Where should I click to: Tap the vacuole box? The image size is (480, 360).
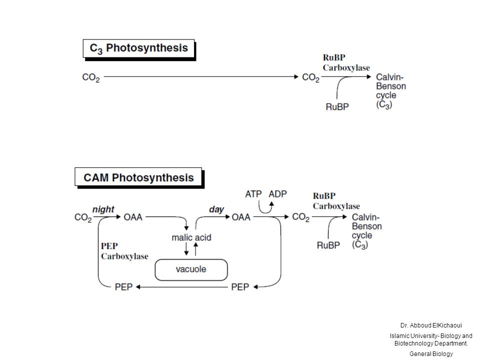[x=191, y=269]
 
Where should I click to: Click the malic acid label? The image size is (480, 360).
[x=191, y=237]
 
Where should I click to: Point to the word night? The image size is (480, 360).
[x=103, y=209]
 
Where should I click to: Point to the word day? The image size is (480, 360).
[x=216, y=209]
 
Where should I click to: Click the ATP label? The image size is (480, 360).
[x=253, y=194]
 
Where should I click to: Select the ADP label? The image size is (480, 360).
[x=277, y=194]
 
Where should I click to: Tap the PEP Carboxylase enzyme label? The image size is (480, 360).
[x=124, y=251]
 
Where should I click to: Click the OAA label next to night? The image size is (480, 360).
[x=133, y=217]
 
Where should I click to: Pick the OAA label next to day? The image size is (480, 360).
[x=241, y=217]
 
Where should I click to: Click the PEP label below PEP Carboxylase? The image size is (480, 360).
[x=123, y=287]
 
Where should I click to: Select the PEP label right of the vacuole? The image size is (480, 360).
[x=240, y=287]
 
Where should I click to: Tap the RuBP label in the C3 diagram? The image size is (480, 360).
[x=337, y=107]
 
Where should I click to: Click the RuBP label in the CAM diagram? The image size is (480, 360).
[x=328, y=245]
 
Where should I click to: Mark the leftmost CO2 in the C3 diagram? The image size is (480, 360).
[x=91, y=77]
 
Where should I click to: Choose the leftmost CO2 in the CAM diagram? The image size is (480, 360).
[x=83, y=217]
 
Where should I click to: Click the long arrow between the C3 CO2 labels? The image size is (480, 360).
[x=201, y=76]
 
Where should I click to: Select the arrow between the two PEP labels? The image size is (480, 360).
[x=182, y=287]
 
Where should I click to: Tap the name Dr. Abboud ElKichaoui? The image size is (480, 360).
[x=431, y=325]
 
